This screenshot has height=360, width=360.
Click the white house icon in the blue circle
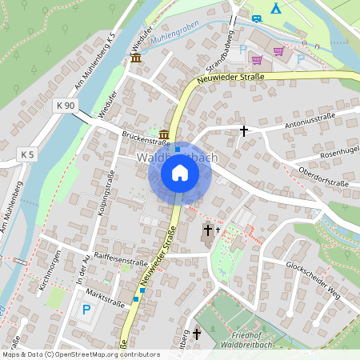180,173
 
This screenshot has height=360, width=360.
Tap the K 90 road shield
66,106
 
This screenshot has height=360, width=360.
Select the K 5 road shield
28,154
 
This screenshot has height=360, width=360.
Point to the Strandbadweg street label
218,50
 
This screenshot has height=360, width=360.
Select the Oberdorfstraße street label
322,177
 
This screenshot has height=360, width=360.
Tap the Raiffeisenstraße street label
121,260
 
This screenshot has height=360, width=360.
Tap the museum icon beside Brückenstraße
164,133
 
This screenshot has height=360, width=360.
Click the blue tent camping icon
276,8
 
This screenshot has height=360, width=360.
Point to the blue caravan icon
256,18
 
